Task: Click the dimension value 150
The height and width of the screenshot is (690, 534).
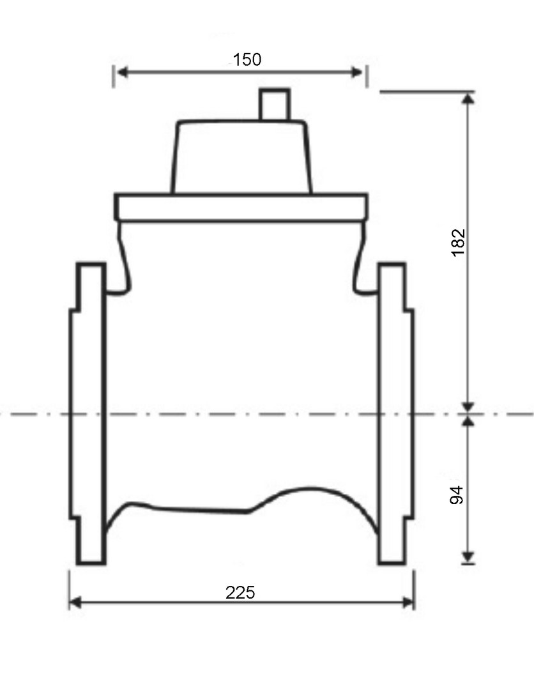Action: tap(247, 59)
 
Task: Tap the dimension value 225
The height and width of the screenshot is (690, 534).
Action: tap(240, 593)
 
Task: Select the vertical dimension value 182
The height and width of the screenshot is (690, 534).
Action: tap(459, 242)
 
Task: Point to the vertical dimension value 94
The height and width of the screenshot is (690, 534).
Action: tap(457, 495)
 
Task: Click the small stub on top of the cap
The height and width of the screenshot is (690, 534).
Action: tap(275, 104)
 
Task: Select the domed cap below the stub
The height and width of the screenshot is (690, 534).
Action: tap(241, 157)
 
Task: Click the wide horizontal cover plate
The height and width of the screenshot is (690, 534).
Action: tap(241, 207)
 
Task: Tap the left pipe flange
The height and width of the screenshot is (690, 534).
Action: tap(88, 413)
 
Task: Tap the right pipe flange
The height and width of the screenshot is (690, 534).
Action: tap(395, 413)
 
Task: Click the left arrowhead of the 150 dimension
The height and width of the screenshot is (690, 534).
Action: tap(122, 72)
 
